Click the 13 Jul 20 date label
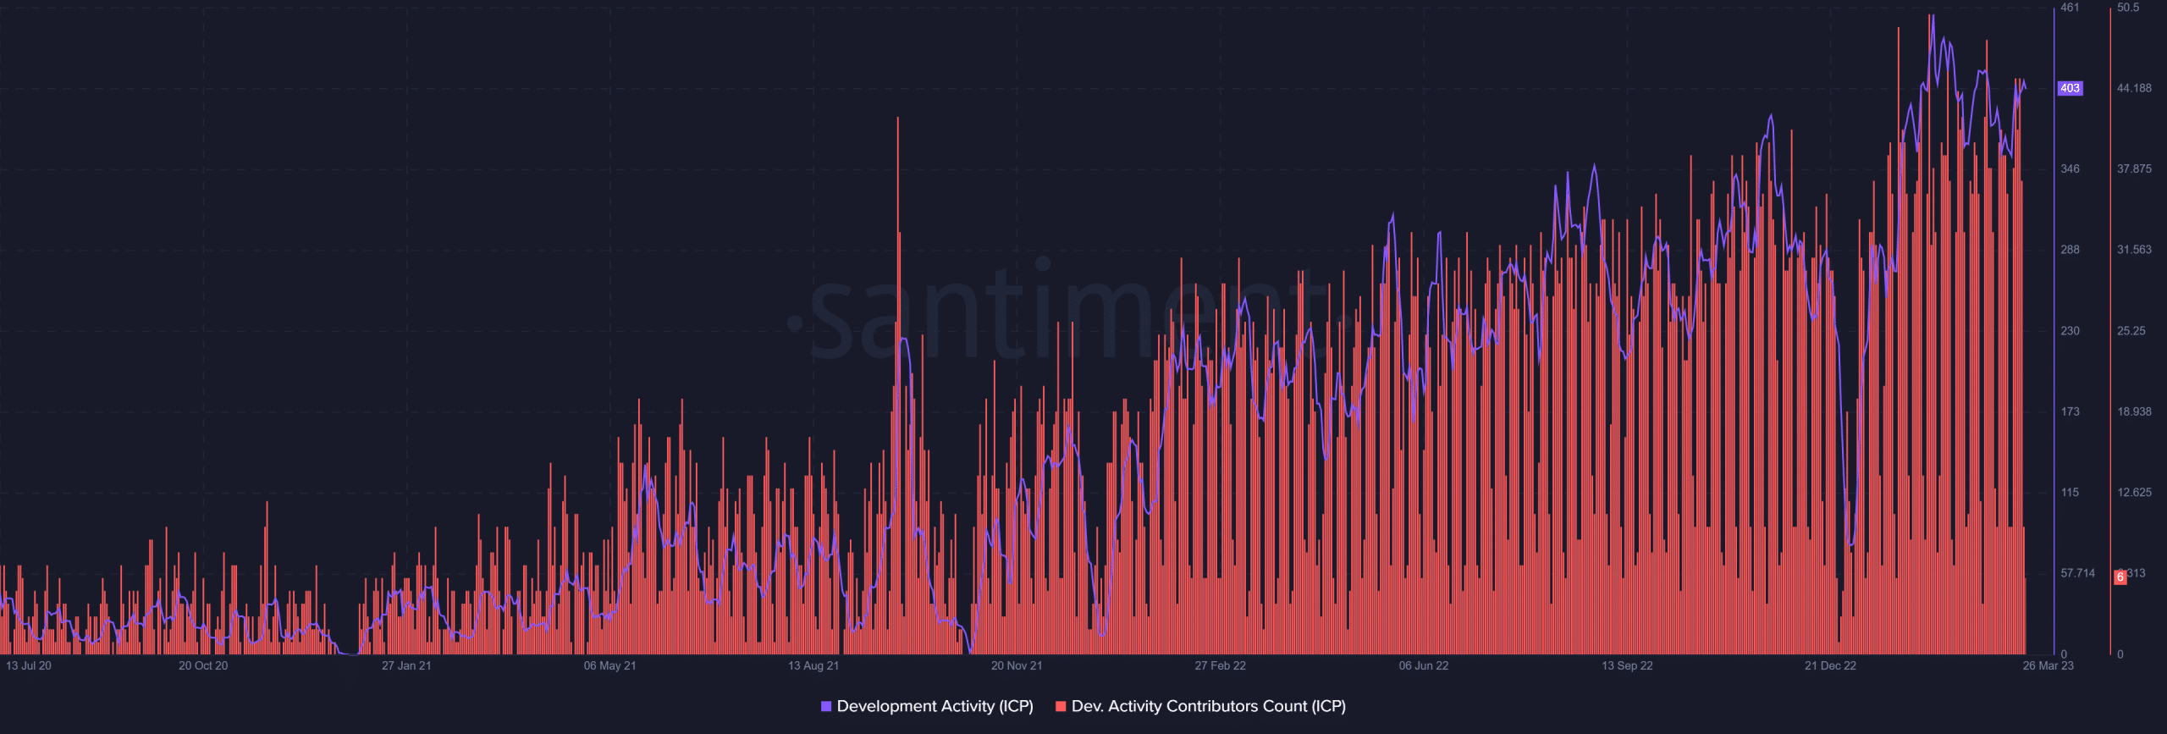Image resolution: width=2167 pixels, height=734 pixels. coord(29,665)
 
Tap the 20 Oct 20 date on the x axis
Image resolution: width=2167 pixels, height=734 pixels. coord(203,665)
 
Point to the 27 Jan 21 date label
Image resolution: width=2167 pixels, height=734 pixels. coord(406,665)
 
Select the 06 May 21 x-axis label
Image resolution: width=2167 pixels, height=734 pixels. coord(609,665)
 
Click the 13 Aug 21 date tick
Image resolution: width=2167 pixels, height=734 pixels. coord(813,665)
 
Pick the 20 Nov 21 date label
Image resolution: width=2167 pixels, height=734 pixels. coord(1017,665)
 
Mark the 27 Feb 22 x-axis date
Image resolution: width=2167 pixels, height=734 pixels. coord(1220,665)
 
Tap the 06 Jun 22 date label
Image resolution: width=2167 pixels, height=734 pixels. coord(1424,665)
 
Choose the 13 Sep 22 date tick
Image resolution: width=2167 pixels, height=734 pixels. coord(1627,665)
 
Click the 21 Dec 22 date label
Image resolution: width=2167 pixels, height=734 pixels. coord(1830,665)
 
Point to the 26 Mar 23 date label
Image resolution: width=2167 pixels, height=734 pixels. coord(2048,665)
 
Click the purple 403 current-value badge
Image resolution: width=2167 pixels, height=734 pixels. coord(2070,88)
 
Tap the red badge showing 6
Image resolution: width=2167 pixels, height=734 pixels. coord(2120,577)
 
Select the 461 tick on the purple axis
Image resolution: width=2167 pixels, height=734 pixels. coord(2070,8)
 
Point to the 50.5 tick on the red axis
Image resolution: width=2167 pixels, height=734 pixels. coord(2128,8)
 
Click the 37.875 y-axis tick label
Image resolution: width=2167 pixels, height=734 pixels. coord(2134,169)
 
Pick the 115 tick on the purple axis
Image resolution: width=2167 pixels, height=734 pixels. coord(2070,493)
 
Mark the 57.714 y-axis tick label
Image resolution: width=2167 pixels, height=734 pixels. coord(2078,573)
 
